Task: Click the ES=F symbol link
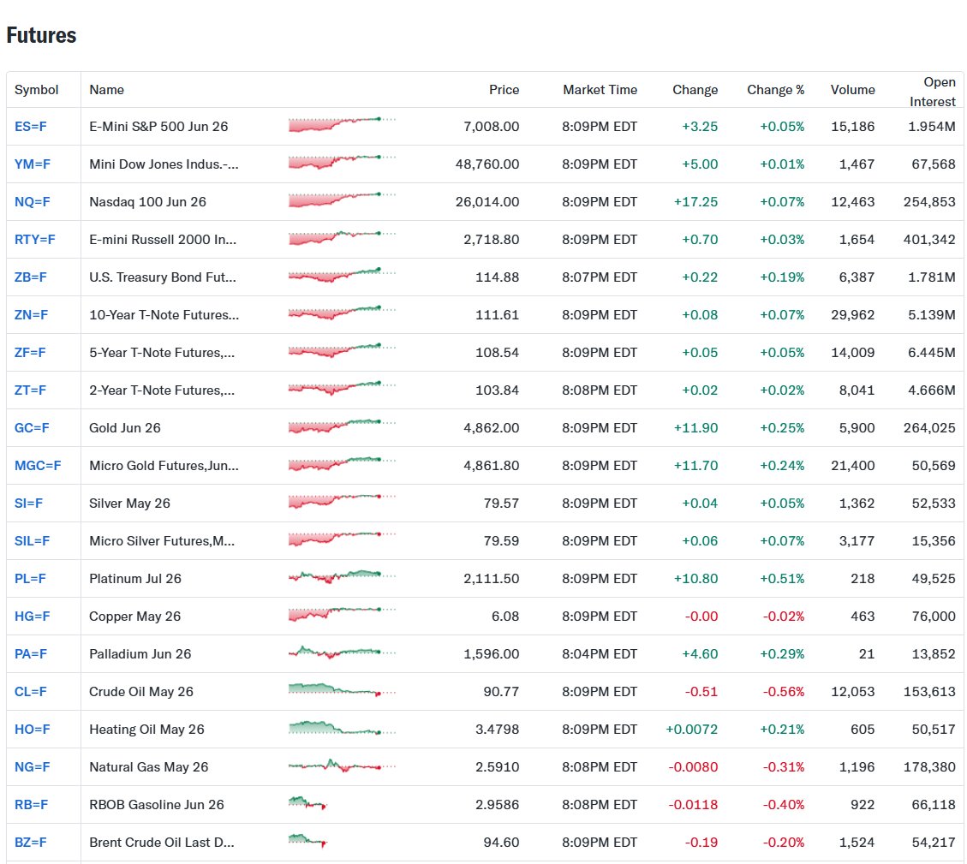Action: pos(31,127)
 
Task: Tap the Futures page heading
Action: pos(41,35)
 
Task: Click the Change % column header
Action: pos(775,90)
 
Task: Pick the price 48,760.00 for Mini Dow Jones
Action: pos(486,164)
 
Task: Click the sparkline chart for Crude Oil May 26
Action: pos(342,691)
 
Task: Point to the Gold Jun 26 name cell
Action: pos(125,428)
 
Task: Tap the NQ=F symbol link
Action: pos(33,202)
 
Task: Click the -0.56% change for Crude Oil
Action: pos(782,692)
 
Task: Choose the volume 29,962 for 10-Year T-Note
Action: pos(852,315)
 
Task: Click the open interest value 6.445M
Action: pos(932,353)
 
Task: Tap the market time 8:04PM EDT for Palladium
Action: pos(600,654)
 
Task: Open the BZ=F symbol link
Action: pos(31,843)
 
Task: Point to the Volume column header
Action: pos(852,90)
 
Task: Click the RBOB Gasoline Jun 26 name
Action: pos(157,805)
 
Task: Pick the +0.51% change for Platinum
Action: pos(782,579)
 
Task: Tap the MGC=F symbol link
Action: pos(38,466)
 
